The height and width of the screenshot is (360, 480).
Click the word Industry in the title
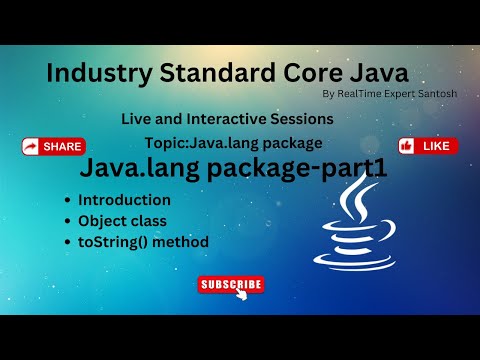click(99, 74)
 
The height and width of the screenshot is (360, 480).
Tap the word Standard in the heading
click(217, 73)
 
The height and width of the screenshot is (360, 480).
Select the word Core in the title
click(313, 73)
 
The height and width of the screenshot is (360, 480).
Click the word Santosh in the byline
click(437, 94)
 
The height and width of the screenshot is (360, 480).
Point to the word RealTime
click(359, 94)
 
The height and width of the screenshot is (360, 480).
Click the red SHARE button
click(54, 147)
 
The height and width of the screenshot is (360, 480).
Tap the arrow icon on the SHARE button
click(31, 147)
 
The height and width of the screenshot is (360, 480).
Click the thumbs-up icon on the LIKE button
click(406, 146)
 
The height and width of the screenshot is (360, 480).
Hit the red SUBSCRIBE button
click(231, 284)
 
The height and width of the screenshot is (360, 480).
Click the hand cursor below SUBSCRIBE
click(242, 294)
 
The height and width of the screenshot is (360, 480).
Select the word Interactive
click(226, 119)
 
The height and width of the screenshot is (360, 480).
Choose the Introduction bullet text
click(124, 200)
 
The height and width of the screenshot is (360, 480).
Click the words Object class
click(122, 221)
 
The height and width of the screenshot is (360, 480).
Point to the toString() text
click(112, 242)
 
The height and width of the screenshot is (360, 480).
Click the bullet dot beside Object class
click(68, 221)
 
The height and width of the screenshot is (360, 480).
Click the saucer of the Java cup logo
click(354, 262)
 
